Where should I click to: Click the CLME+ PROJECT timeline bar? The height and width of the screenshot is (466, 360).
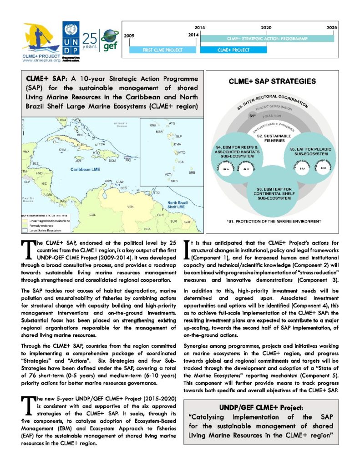click(x=233, y=50)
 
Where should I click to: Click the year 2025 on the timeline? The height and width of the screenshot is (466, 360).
click(x=332, y=28)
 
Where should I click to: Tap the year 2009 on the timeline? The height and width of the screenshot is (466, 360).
click(x=129, y=35)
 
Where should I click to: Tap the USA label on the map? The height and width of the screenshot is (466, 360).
click(x=63, y=120)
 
